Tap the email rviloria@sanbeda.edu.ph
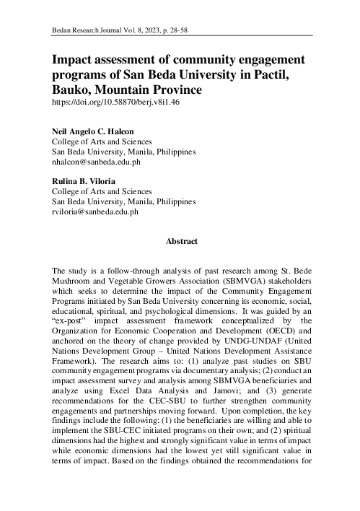95,212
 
